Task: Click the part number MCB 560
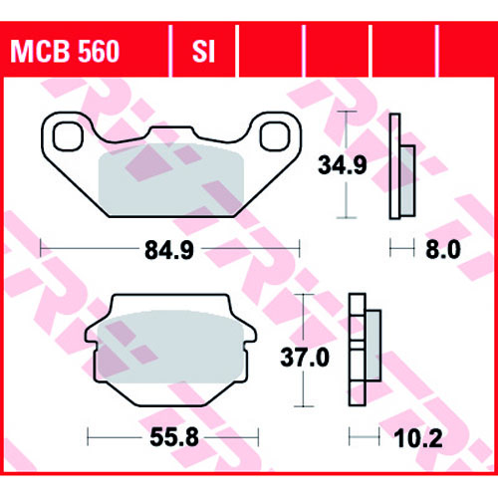[x=65, y=52]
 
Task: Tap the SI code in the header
[x=203, y=52]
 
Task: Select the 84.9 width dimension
[x=169, y=250]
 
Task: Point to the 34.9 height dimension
[x=343, y=165]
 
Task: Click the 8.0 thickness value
[x=443, y=250]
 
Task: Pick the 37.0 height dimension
[x=305, y=358]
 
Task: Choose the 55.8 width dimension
[x=174, y=437]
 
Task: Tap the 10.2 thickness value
[x=418, y=438]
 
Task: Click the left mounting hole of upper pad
[x=68, y=136]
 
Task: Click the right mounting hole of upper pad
[x=275, y=136]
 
